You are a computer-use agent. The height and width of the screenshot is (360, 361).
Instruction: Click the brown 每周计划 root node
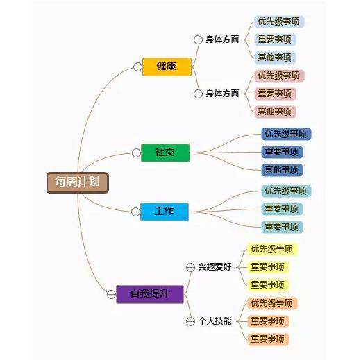point(78,182)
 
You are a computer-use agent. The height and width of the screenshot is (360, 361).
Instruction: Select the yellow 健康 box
point(167,67)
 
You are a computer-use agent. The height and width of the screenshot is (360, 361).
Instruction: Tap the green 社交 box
point(165,153)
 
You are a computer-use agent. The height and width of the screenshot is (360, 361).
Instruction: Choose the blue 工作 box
point(165,212)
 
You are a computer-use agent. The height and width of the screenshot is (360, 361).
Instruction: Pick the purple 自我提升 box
point(150,294)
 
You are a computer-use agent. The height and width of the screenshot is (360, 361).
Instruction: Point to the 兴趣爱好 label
point(215,267)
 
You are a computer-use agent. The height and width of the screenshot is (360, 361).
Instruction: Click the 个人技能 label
point(215,321)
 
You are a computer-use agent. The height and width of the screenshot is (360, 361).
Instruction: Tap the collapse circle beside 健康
point(137,67)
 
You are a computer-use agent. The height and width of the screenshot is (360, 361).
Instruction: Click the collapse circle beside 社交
point(136,153)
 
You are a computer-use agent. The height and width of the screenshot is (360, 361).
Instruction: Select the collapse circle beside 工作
point(135,212)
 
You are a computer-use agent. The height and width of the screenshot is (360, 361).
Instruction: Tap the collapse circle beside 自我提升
point(111,294)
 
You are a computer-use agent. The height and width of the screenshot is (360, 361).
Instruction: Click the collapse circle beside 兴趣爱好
point(190,267)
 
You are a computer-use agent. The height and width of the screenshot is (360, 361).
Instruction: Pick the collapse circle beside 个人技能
point(190,321)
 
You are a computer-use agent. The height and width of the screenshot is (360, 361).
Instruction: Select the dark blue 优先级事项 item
point(286,134)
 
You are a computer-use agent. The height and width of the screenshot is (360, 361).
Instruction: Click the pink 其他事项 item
point(275,112)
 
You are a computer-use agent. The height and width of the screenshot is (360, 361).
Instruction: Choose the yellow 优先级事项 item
point(272,250)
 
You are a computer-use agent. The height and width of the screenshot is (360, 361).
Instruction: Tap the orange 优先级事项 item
point(272,303)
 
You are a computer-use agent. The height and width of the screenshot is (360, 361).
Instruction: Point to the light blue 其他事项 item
point(275,58)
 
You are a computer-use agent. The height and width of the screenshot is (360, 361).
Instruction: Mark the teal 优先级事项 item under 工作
point(286,191)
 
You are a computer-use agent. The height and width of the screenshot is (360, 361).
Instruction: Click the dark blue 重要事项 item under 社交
point(282,152)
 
